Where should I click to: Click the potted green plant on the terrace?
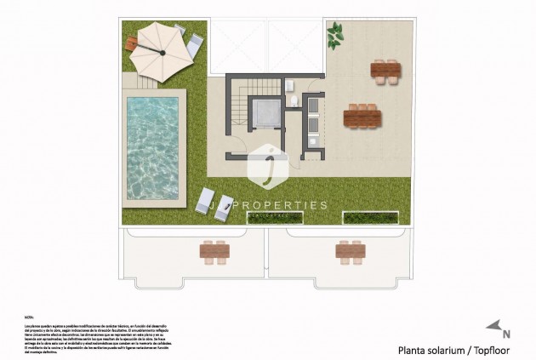point(337,33)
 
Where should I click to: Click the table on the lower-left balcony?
point(214,249)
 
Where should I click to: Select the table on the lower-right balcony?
point(349,250)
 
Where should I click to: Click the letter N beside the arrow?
point(506,334)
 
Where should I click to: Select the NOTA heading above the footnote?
point(30,314)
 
